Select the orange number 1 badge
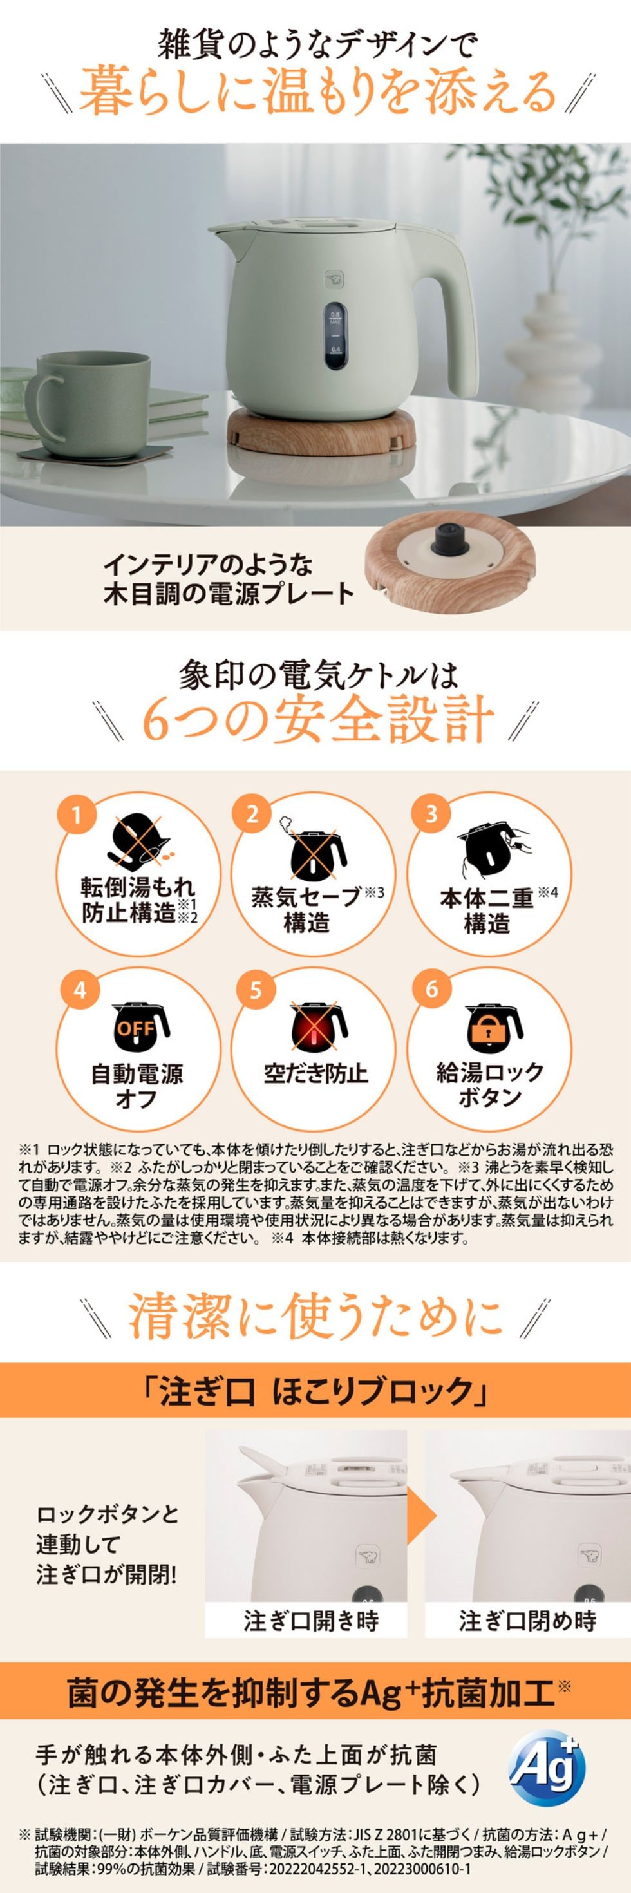[x=79, y=815]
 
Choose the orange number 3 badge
[x=431, y=815]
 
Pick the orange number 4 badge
[x=79, y=990]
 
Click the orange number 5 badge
[x=254, y=990]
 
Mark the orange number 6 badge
[x=431, y=990]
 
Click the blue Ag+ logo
[x=549, y=1772]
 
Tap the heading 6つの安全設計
[x=317, y=721]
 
